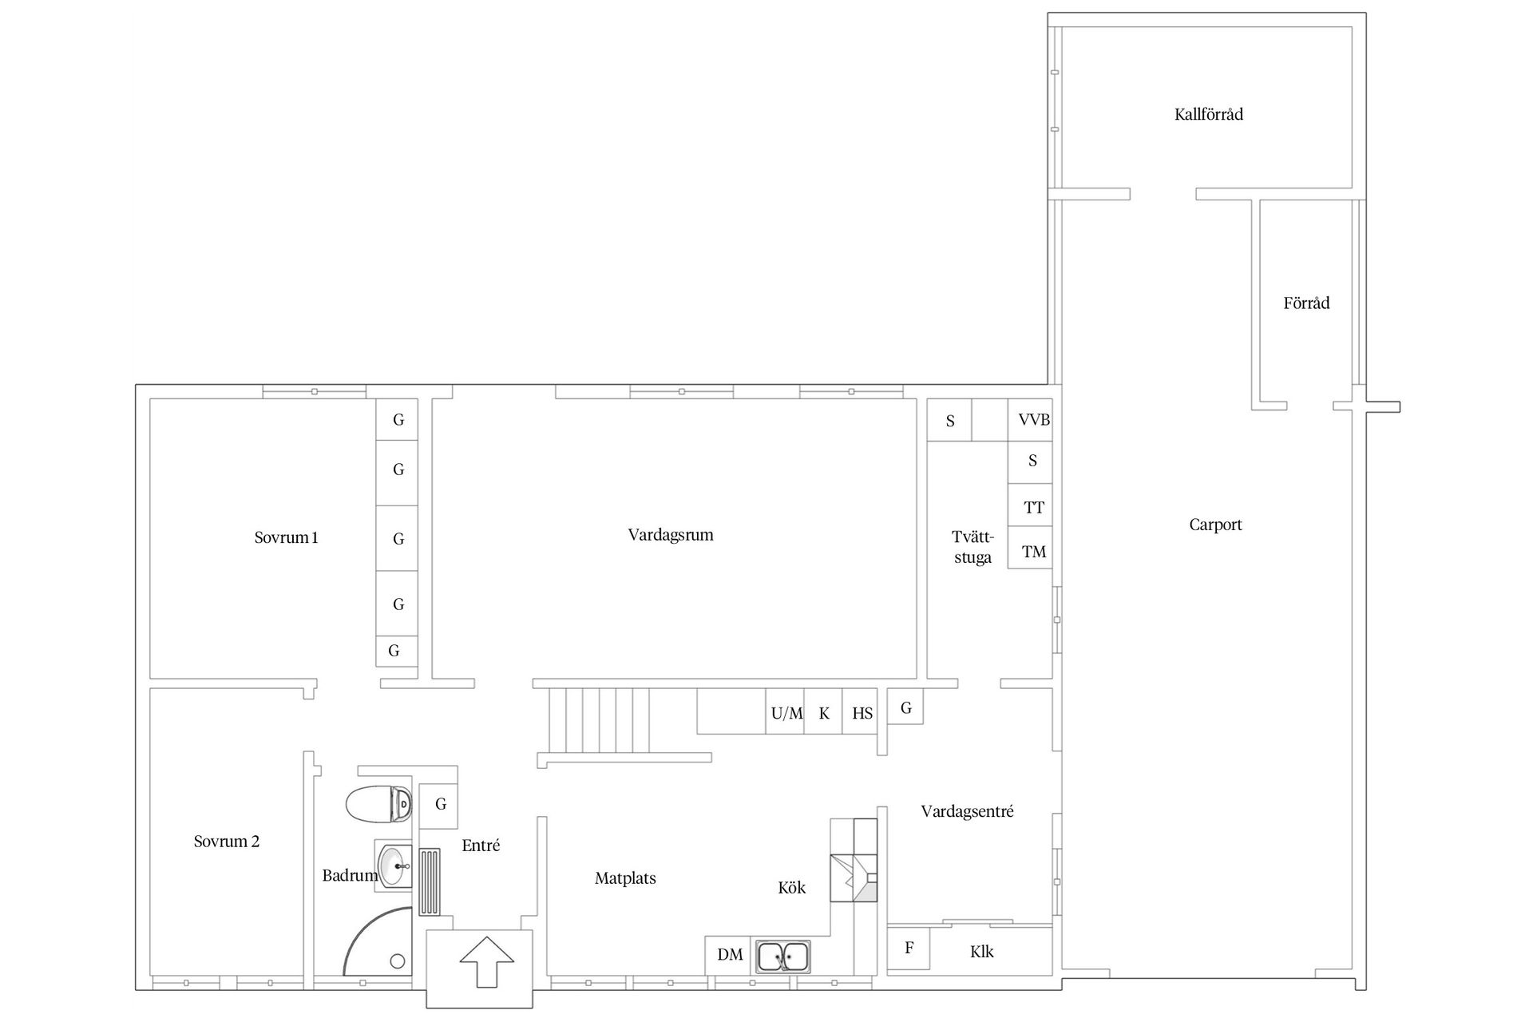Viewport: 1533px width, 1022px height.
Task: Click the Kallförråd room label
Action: tap(1208, 114)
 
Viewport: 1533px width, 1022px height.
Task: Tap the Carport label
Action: tap(1215, 525)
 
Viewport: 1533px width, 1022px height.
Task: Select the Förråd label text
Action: tap(1306, 303)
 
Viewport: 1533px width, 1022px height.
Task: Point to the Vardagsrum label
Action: tap(671, 535)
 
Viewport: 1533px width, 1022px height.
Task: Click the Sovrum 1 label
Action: tap(286, 537)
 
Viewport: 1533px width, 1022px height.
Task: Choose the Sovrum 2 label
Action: tap(227, 841)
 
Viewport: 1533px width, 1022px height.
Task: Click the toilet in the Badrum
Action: tap(379, 804)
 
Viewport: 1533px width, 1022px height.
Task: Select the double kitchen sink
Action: tap(783, 957)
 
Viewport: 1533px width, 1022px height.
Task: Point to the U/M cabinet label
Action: tap(787, 713)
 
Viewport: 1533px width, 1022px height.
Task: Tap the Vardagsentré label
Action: tap(967, 812)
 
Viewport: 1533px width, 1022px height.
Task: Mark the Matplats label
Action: tap(625, 878)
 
